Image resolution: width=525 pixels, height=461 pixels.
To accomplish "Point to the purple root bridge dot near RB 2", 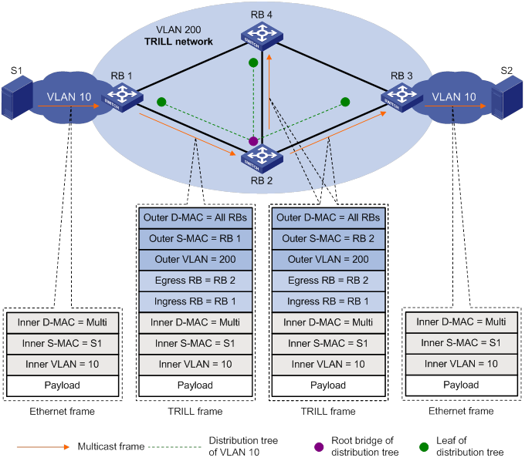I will tap(252, 141).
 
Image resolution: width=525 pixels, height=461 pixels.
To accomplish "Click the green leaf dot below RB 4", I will tap(252, 62).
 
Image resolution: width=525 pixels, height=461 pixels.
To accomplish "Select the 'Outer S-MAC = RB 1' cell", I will tap(195, 239).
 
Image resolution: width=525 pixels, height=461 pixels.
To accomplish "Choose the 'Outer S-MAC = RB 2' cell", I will tap(328, 239).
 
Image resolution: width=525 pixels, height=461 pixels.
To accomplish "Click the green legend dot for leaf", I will tap(424, 446).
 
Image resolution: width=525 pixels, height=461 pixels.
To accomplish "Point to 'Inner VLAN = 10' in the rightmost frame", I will tap(461, 363).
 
